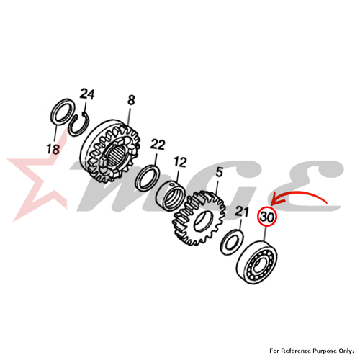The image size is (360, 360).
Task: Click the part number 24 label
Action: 87,94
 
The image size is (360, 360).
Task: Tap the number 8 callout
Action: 131,100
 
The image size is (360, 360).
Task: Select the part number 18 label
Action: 53,149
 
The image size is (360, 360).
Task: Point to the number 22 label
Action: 158,145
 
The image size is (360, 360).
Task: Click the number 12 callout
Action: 180,163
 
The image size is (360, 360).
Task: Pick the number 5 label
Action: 219,173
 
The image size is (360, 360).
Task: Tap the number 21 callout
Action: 241,212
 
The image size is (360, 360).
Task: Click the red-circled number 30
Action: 267,217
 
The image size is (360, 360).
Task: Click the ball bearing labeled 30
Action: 256,263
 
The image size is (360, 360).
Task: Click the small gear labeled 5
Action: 199,218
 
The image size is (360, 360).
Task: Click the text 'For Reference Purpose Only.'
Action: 312,351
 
